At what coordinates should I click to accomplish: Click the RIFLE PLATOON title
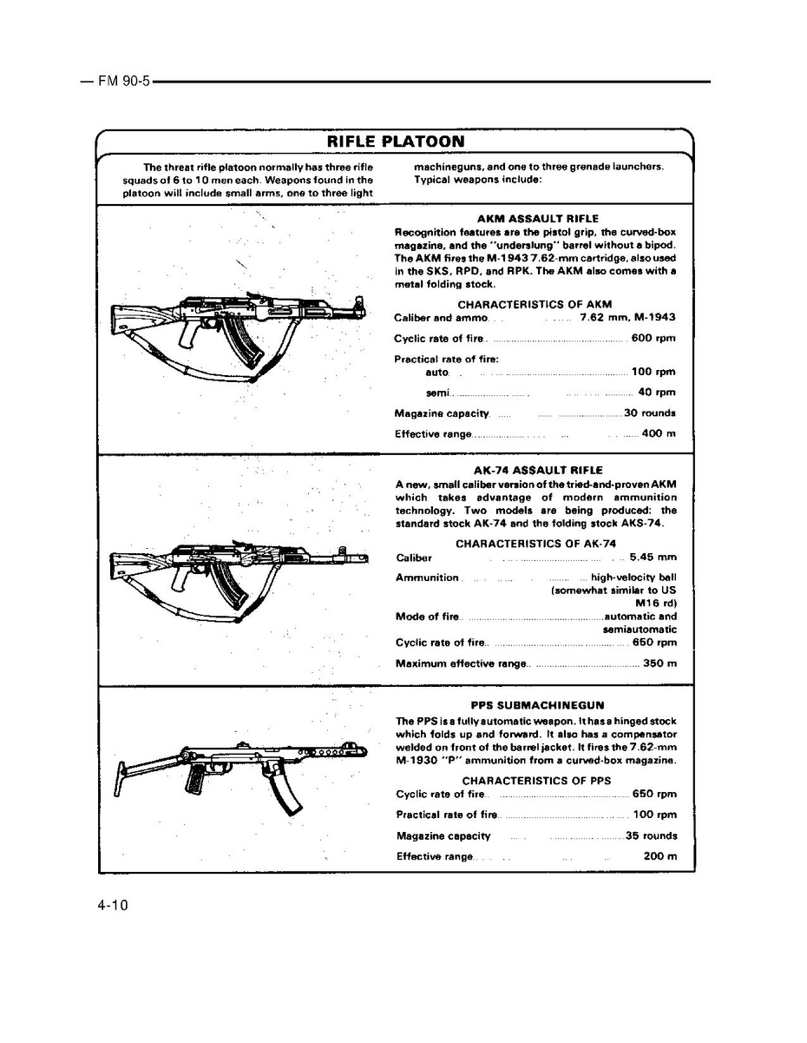(395, 142)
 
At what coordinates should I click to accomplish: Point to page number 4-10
(113, 906)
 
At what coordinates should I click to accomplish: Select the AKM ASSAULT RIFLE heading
(538, 219)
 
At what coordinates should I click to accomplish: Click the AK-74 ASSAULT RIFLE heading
(538, 470)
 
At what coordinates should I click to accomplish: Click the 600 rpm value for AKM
(653, 338)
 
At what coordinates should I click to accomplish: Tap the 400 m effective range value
(659, 433)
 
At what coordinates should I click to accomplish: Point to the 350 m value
(659, 663)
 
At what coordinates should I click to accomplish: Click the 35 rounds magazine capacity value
(651, 835)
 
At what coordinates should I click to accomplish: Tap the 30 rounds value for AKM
(650, 413)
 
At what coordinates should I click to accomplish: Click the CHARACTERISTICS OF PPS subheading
(536, 780)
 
